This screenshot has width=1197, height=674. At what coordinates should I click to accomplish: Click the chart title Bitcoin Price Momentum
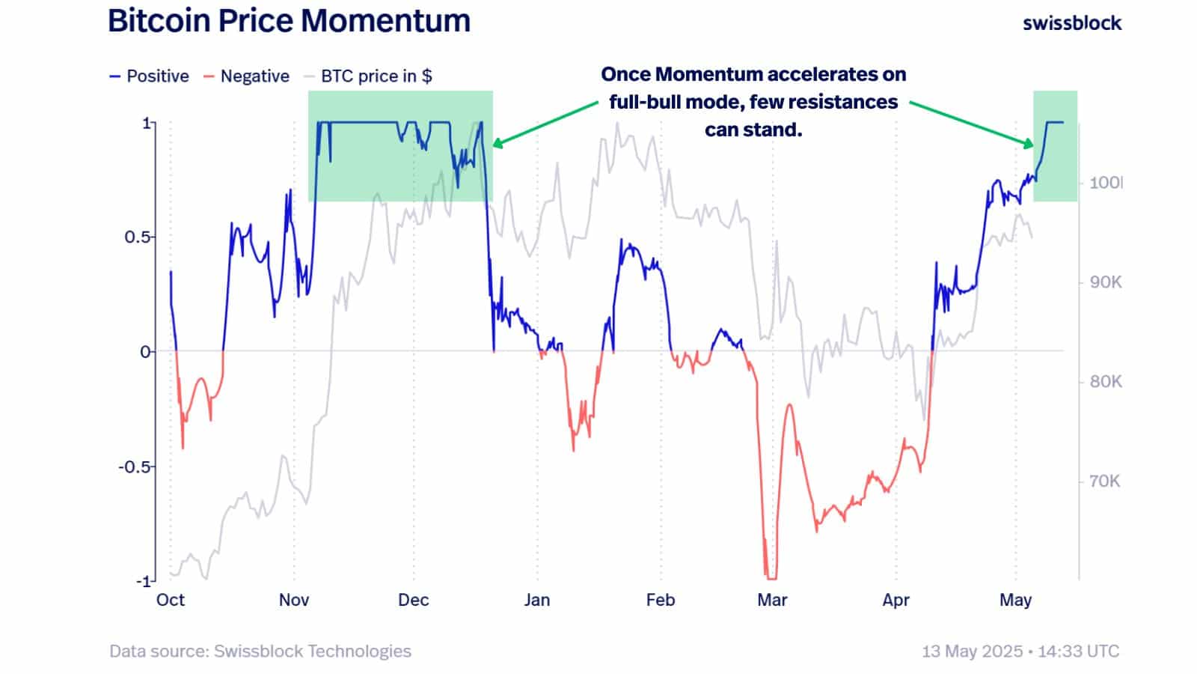[289, 21]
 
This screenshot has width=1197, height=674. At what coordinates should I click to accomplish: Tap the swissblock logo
[1071, 23]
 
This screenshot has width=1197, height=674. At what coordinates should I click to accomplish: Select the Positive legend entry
[150, 76]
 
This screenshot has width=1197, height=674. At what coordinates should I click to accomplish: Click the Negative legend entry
[246, 76]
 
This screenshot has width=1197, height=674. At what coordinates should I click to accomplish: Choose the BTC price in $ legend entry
[368, 76]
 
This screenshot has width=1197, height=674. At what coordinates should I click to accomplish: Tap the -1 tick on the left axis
[143, 581]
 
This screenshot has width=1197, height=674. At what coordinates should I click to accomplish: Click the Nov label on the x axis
[294, 600]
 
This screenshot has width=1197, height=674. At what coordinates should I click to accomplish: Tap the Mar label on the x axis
[772, 600]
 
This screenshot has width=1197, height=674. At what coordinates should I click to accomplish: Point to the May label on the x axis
[1015, 600]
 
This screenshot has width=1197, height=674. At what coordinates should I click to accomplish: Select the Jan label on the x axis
[536, 600]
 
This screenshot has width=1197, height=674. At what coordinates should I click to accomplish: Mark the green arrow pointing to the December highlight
[545, 124]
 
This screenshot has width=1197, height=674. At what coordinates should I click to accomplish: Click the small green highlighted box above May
[1055, 146]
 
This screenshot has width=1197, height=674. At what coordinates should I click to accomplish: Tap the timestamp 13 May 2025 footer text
[1020, 651]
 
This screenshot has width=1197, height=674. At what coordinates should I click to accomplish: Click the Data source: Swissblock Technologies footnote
[260, 651]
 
